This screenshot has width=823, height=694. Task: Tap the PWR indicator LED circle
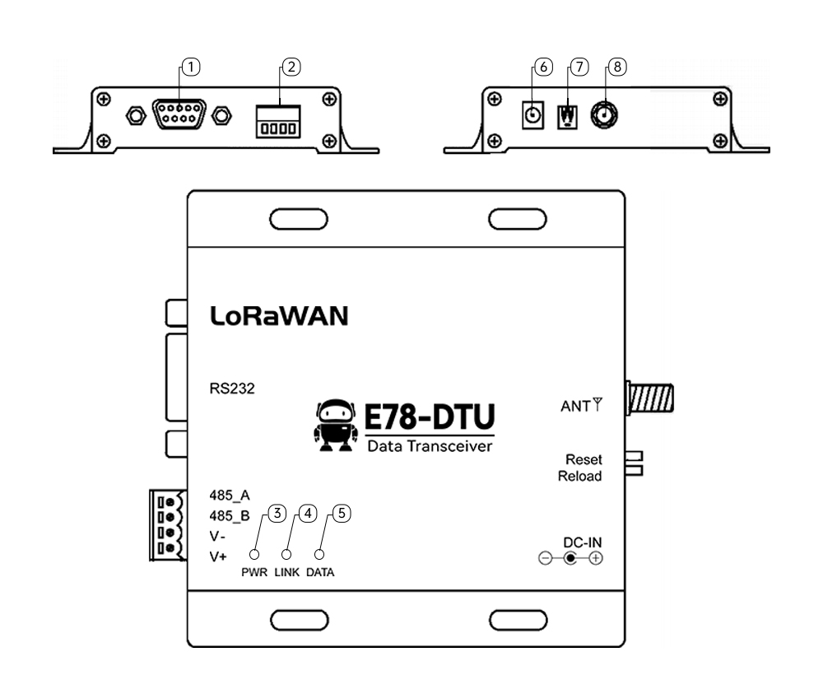click(255, 554)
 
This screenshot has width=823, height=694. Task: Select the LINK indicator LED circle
click(287, 554)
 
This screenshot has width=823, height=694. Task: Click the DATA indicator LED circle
click(320, 554)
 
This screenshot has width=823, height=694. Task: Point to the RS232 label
click(233, 389)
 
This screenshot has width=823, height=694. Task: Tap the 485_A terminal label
click(230, 495)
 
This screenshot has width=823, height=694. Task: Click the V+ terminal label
click(218, 557)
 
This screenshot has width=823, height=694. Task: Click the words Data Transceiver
click(429, 447)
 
